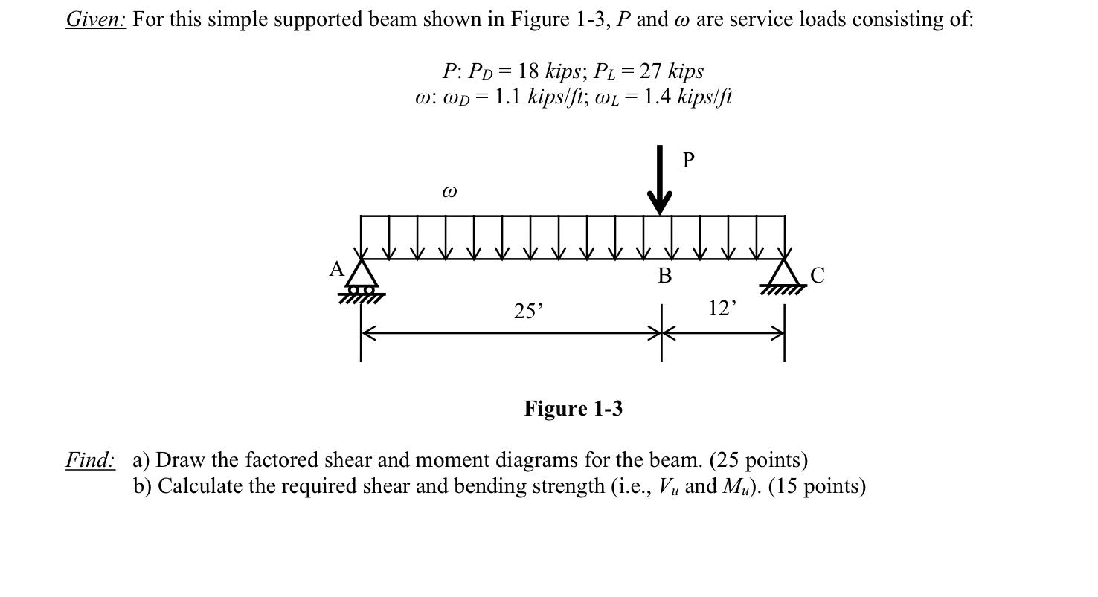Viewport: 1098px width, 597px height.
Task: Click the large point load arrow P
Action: pos(659,182)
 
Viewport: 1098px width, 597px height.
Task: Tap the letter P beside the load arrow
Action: pos(688,160)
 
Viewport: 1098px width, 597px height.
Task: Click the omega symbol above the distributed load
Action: pos(449,192)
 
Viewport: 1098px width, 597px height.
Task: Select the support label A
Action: pos(336,269)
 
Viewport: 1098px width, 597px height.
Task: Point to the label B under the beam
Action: pos(664,277)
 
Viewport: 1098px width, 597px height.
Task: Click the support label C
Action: pos(817,276)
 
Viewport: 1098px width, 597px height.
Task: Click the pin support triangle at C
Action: pos(784,272)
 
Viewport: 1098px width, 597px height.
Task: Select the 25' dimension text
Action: pos(528,312)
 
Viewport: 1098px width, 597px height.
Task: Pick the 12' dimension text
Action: pos(722,308)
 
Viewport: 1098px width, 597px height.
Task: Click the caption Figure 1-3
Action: pos(573,409)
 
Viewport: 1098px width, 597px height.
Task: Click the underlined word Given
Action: pos(96,19)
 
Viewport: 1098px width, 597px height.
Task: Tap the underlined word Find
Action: pos(90,460)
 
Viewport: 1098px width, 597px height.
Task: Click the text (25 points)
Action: pos(758,460)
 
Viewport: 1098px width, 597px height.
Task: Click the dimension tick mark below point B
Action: pos(661,333)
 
